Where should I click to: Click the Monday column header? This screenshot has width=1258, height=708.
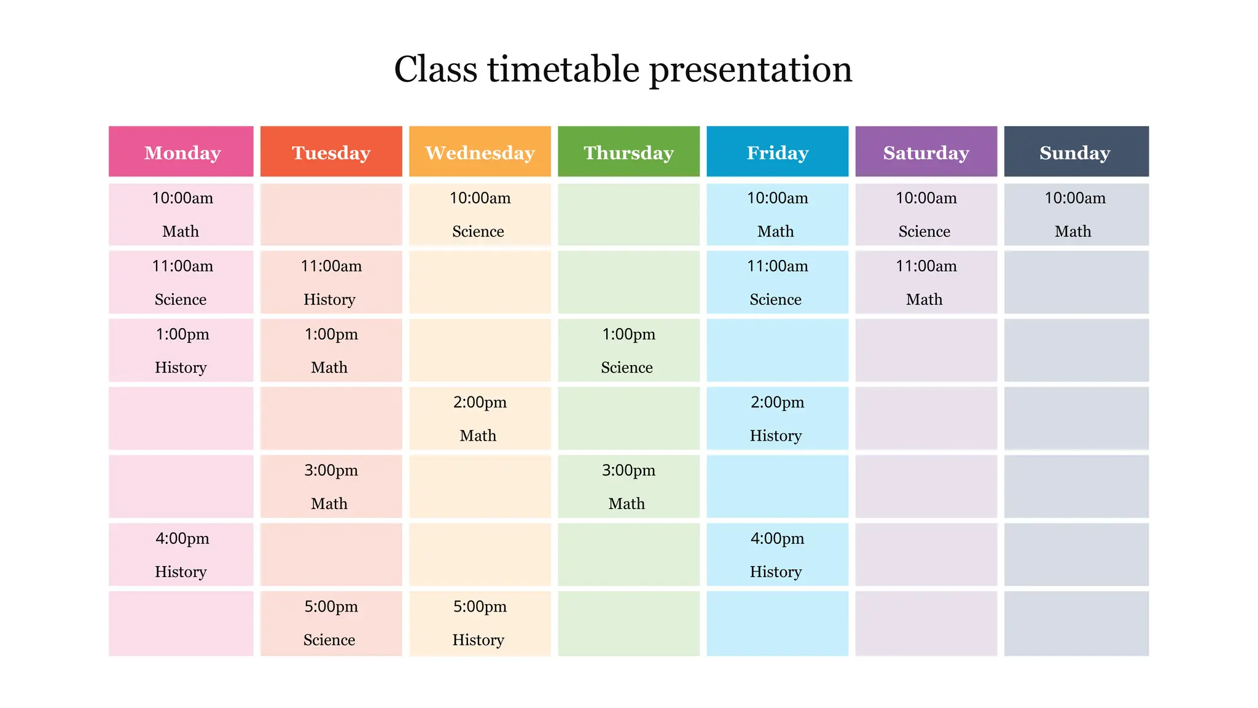[181, 152]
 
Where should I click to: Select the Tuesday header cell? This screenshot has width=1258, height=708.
[331, 152]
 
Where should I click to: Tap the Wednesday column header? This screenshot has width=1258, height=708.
[480, 152]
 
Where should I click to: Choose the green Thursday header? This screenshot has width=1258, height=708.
[628, 152]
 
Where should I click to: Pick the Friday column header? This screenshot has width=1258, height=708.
[777, 152]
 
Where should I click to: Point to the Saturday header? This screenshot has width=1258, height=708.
[926, 152]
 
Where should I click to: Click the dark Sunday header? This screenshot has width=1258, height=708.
[1076, 152]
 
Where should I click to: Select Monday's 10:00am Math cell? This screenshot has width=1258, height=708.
[181, 214]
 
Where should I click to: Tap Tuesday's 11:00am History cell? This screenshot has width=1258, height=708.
[331, 283]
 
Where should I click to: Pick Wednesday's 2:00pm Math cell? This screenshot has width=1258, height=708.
[480, 419]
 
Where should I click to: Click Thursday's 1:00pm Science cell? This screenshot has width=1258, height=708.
[628, 350]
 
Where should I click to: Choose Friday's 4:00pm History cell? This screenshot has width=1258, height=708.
[777, 554]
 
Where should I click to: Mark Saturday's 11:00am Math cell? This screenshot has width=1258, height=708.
[926, 283]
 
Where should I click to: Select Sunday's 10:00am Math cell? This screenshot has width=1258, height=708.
[1076, 214]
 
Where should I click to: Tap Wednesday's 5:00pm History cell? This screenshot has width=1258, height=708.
[480, 623]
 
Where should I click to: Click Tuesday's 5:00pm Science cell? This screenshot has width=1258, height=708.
[331, 623]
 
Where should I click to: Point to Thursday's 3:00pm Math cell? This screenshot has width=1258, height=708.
[628, 487]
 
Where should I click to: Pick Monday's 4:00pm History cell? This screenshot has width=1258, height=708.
[181, 554]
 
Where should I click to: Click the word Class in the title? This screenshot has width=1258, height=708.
[435, 69]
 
